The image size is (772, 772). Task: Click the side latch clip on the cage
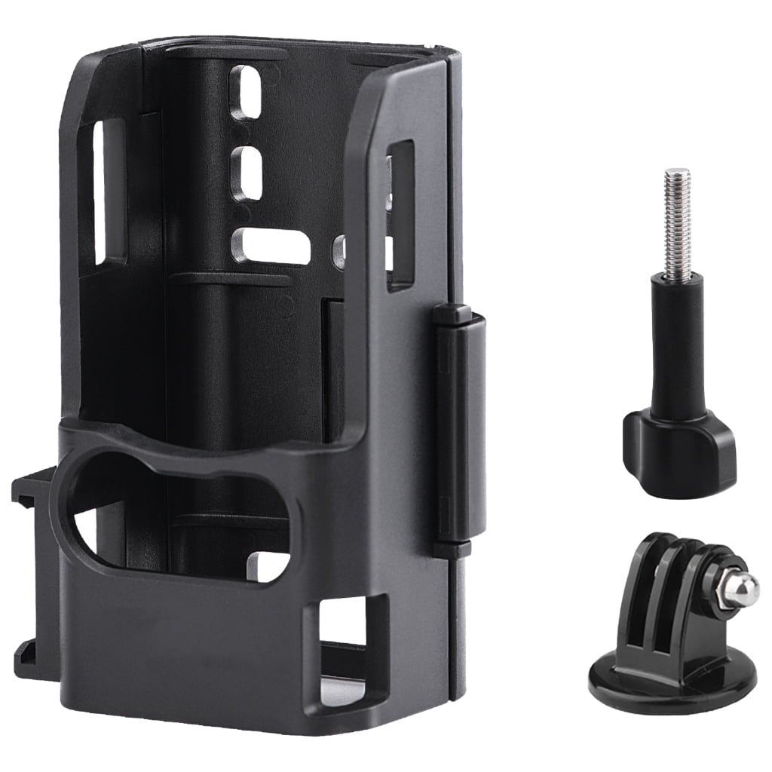(461, 423)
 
